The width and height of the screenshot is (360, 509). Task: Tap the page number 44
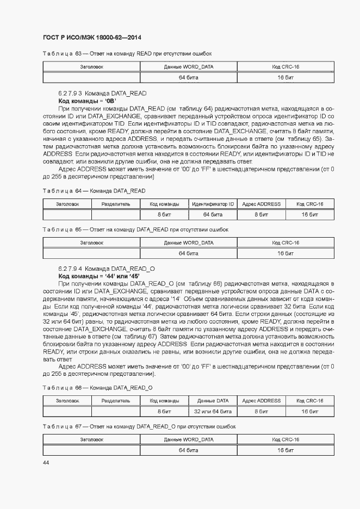(46, 462)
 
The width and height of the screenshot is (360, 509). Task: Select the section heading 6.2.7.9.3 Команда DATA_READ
(102, 94)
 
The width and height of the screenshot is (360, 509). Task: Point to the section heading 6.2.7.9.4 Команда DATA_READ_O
(107, 269)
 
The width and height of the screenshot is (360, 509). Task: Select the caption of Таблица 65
(135, 229)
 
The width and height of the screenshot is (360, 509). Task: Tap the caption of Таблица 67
(139, 426)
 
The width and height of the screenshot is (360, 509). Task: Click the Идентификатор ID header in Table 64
(212, 204)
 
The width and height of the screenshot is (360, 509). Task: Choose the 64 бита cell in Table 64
(212, 214)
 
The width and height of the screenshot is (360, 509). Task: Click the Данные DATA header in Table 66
(212, 401)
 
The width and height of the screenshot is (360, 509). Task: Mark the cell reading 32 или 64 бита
(212, 411)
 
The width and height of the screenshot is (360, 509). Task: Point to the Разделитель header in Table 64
(116, 204)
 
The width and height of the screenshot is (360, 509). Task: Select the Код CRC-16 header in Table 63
(285, 67)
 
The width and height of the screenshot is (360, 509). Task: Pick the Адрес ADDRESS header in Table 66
(261, 401)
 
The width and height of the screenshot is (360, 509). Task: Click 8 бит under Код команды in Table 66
(164, 411)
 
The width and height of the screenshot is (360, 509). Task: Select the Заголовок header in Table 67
(91, 439)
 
